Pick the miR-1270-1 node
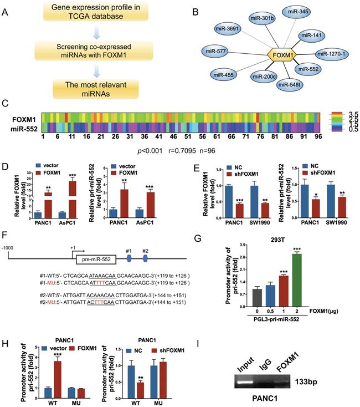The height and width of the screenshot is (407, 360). (x=331, y=54)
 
